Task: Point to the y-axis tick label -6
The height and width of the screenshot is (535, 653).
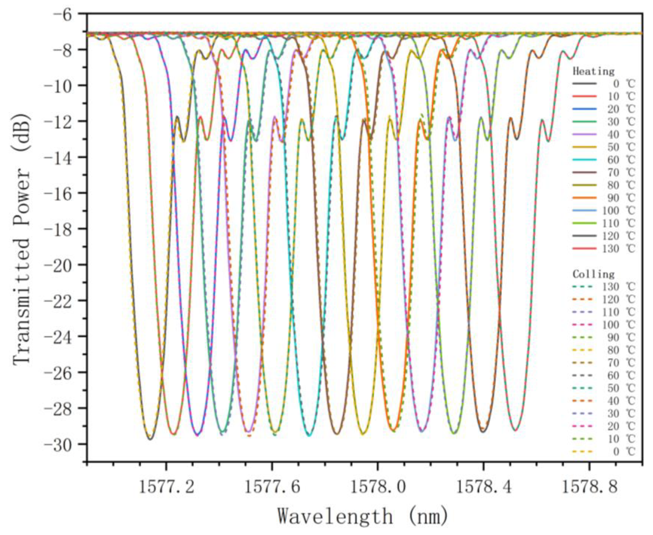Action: [x=65, y=14]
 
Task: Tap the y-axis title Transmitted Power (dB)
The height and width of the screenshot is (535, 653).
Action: [x=22, y=238]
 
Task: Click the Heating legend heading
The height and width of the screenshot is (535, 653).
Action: [x=593, y=72]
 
